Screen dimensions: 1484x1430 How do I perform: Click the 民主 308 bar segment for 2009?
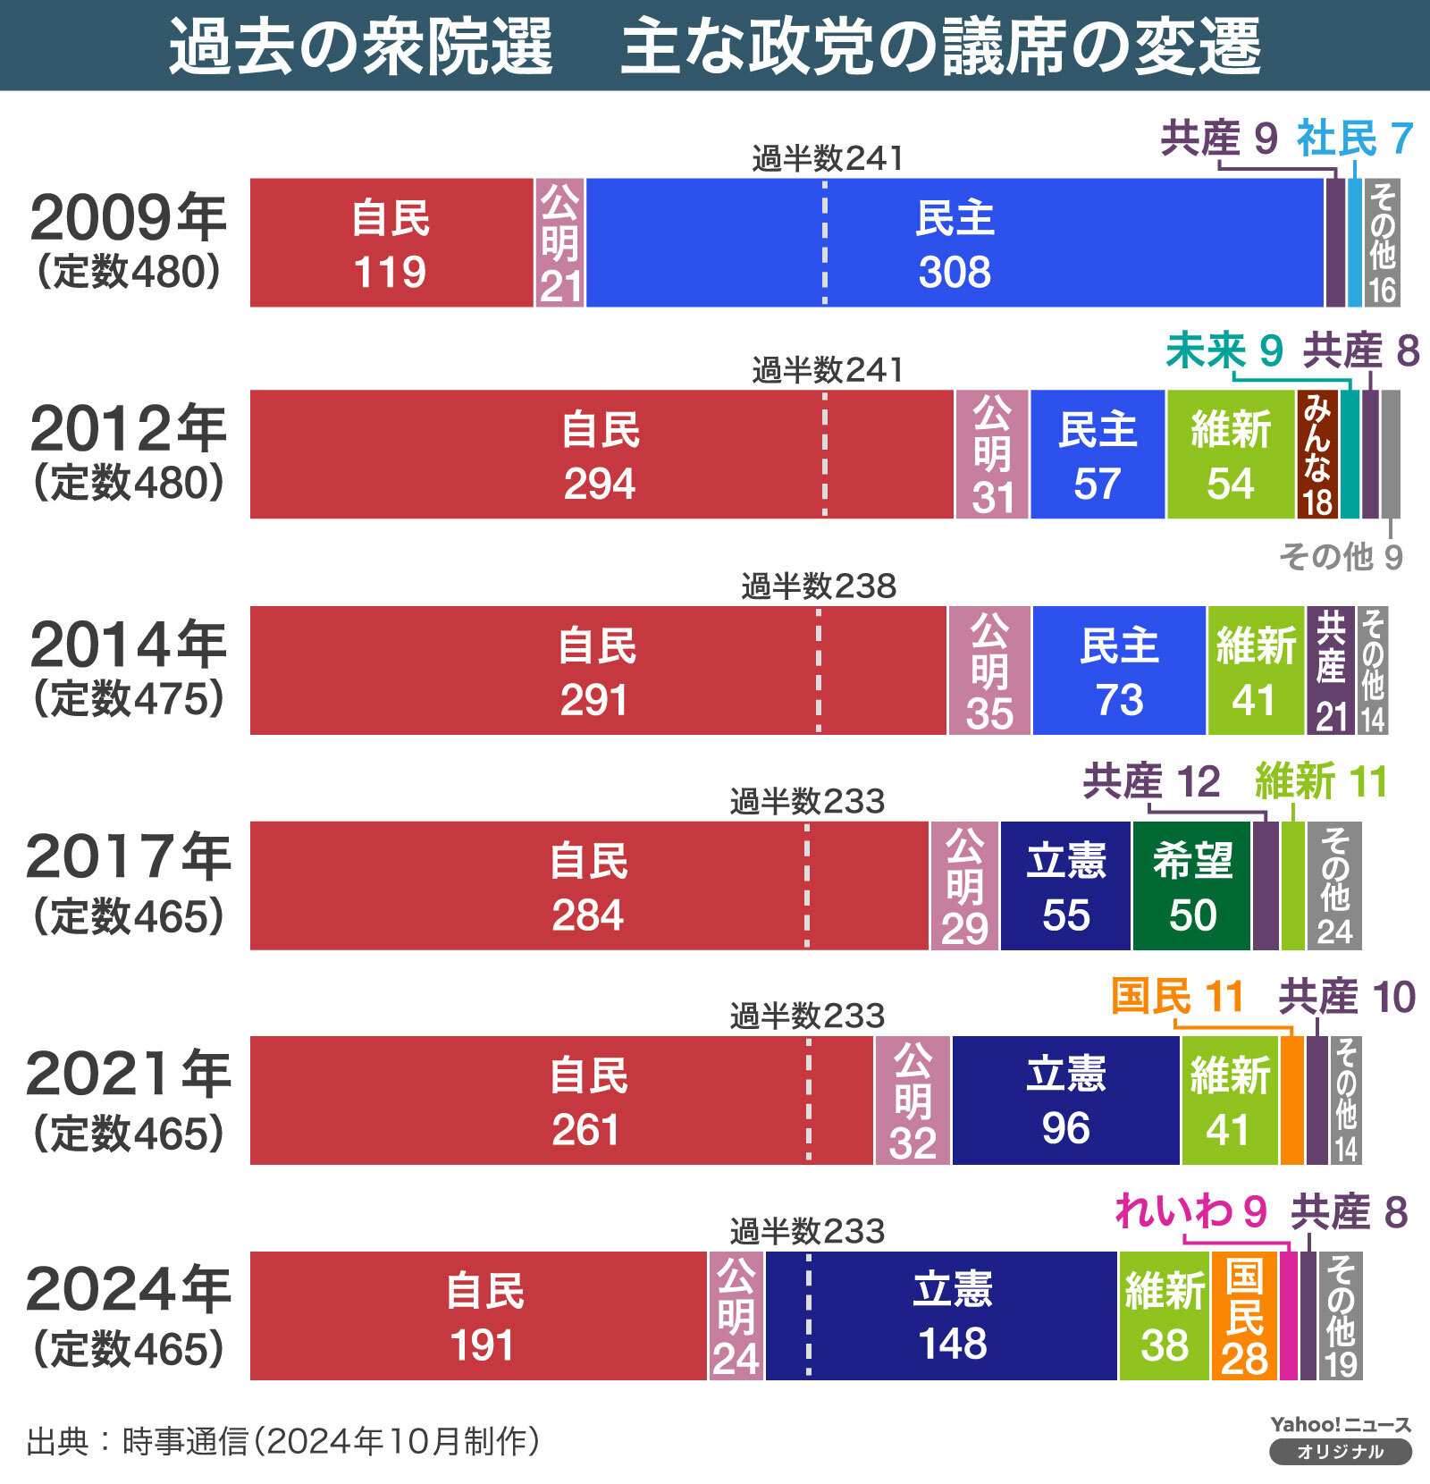(955, 243)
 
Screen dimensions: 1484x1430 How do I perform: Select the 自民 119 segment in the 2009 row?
(391, 243)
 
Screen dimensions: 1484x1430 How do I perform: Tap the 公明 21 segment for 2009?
(559, 243)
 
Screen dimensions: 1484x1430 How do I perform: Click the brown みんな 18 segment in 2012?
(1317, 454)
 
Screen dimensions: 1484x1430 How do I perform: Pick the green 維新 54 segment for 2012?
(1231, 454)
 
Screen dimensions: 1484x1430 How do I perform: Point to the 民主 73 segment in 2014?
(1119, 670)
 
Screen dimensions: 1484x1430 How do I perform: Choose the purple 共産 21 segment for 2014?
(1331, 670)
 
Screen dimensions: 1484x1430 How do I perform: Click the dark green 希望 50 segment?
(1192, 886)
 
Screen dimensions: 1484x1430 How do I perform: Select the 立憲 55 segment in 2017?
(1065, 886)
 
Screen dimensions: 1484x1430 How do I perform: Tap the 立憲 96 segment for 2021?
(1065, 1100)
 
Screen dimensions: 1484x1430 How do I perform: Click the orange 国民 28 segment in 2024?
(1244, 1316)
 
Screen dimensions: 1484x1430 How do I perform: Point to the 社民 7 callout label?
(1354, 139)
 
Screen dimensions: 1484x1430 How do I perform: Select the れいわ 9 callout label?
(1190, 1212)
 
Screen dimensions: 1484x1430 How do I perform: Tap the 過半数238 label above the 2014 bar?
(818, 586)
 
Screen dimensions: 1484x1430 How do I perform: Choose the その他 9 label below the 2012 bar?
(1341, 557)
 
